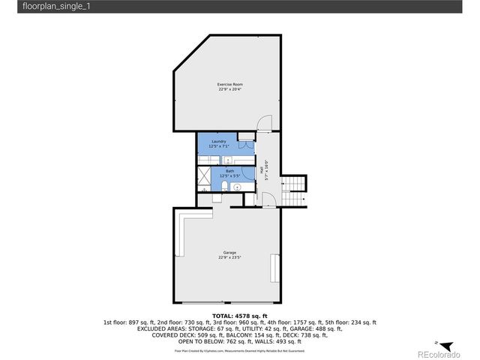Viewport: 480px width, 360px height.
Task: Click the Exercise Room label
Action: (230, 84)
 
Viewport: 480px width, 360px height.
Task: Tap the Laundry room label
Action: (219, 141)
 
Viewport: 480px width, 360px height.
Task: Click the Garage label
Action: (229, 252)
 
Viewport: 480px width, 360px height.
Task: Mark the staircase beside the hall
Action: (295, 183)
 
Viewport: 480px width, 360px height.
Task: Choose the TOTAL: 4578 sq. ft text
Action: (240, 316)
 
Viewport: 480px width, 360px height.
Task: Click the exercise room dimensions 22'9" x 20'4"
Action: (230, 89)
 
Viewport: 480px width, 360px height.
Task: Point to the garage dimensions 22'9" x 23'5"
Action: (229, 257)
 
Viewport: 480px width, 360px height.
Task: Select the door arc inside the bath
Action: (244, 173)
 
